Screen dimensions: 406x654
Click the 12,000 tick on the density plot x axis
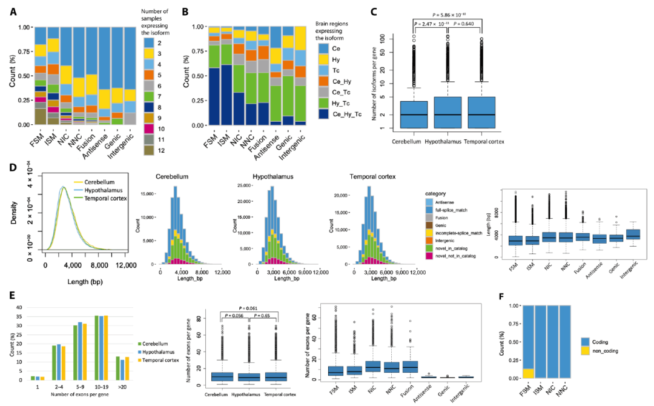(x=126, y=265)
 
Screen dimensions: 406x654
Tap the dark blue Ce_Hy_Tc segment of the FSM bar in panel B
(x=213, y=96)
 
